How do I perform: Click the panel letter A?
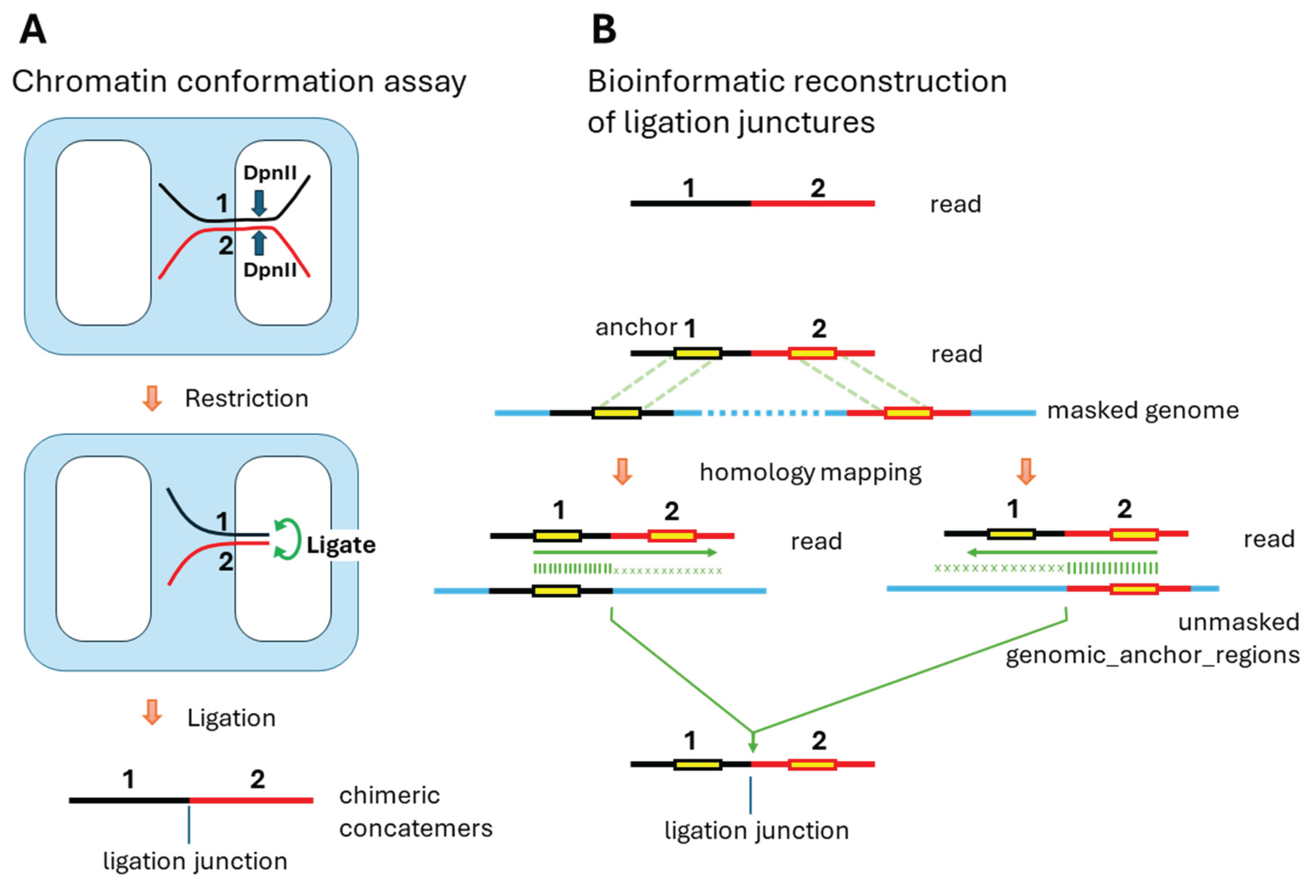click(33, 29)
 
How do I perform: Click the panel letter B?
click(604, 29)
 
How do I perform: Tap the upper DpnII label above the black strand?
click(270, 173)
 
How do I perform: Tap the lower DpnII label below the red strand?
click(270, 270)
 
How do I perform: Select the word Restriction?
click(247, 399)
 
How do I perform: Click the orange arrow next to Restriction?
click(152, 398)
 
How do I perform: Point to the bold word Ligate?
click(341, 545)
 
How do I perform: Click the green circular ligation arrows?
click(287, 539)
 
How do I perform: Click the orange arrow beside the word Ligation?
click(152, 712)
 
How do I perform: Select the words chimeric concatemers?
click(415, 812)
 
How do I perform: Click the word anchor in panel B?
click(636, 327)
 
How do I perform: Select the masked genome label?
click(1143, 411)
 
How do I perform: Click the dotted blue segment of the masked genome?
click(763, 413)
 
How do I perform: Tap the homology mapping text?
click(810, 472)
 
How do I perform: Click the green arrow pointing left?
click(1062, 552)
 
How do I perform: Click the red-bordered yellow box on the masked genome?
click(908, 413)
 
